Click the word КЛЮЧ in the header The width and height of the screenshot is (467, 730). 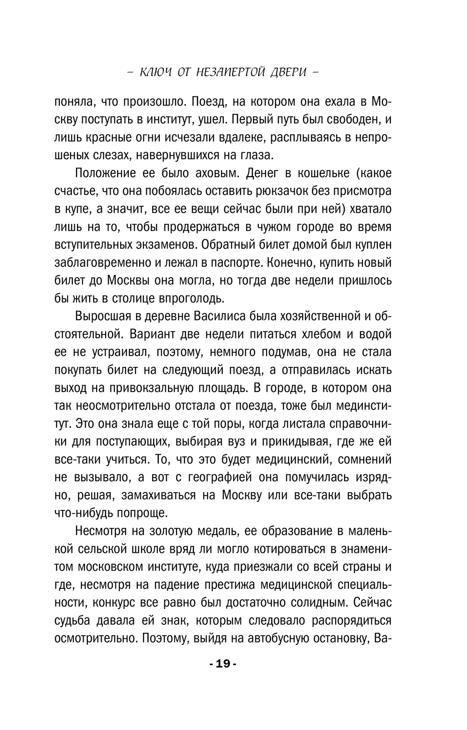(156, 72)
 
